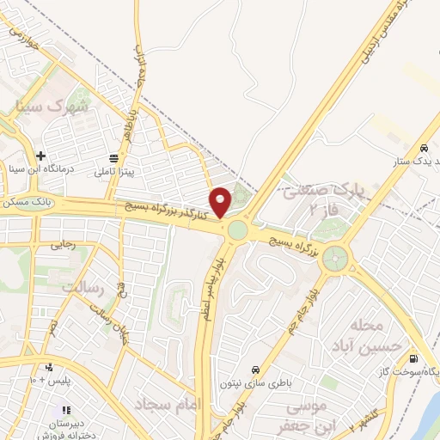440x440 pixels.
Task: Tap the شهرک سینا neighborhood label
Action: tap(52, 107)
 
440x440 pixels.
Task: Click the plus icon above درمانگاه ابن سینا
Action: tap(40, 156)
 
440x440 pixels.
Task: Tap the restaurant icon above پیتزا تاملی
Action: tap(114, 158)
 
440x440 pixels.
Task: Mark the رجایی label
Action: tap(64, 245)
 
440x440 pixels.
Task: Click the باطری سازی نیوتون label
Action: tap(254, 376)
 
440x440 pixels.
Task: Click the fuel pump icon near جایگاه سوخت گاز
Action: tap(416, 358)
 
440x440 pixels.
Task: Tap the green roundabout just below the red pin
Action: tap(237, 230)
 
